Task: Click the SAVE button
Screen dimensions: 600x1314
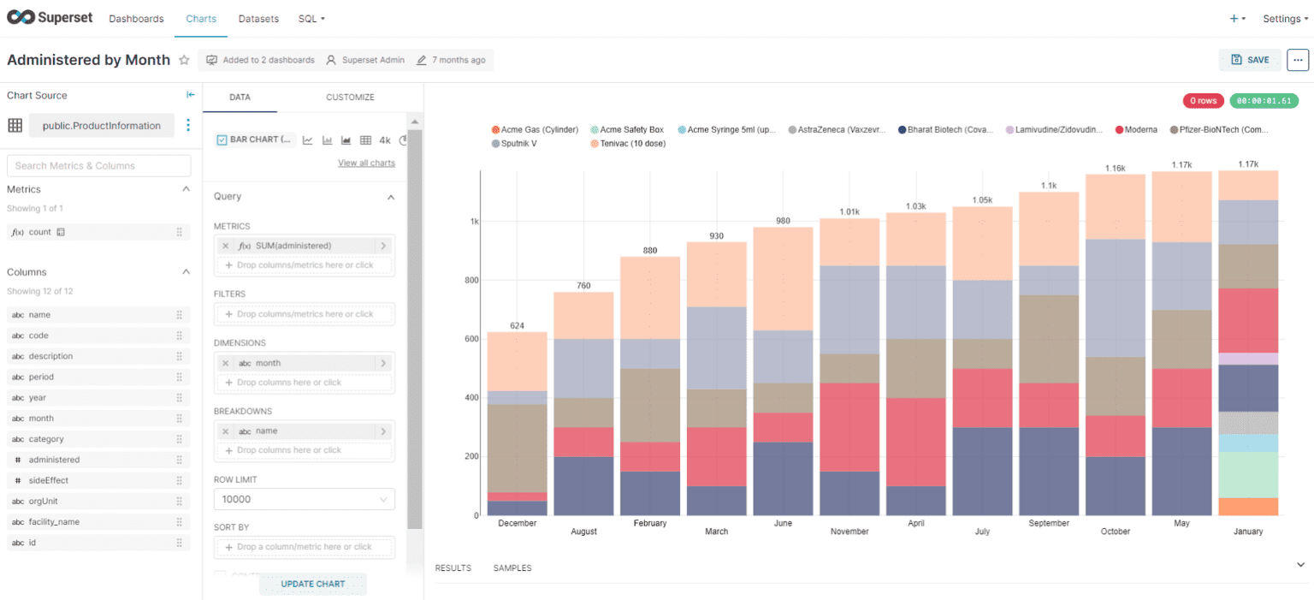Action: (1250, 60)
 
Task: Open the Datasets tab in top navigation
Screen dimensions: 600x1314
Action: (258, 19)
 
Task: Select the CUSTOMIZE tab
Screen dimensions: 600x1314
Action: (350, 98)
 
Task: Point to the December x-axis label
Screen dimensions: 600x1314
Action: (517, 523)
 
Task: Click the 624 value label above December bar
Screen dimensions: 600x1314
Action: (517, 325)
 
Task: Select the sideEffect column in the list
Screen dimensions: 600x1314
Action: (48, 480)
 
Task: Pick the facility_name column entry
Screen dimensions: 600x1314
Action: (54, 522)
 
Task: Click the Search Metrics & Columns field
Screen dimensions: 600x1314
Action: (98, 166)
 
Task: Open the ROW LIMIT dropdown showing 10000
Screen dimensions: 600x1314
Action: (304, 499)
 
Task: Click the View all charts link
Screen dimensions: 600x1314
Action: (366, 163)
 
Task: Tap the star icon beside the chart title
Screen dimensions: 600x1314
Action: (184, 60)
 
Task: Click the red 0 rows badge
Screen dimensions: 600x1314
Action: (1203, 101)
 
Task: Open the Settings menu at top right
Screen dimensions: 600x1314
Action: (1285, 19)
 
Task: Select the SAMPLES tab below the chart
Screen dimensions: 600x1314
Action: (512, 568)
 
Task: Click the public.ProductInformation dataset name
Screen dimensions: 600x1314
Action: (101, 126)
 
